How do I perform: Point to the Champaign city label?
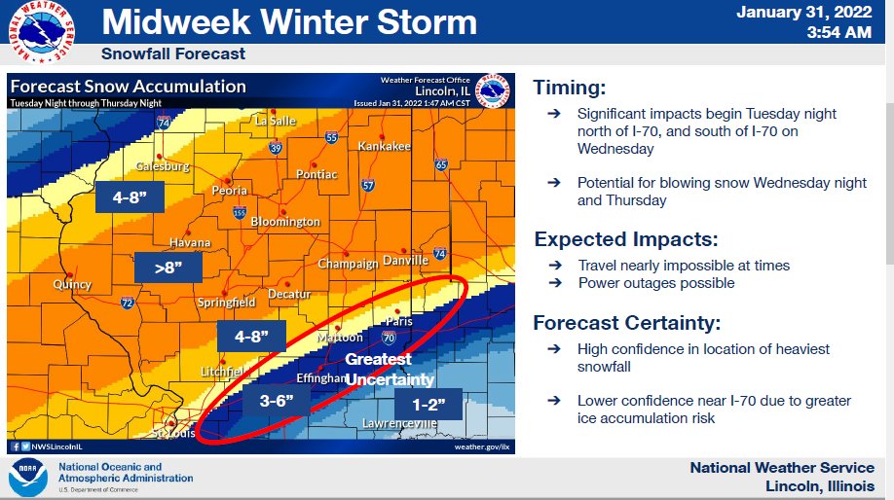(x=348, y=264)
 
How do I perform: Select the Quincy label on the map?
(x=73, y=285)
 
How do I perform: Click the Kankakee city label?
(x=385, y=146)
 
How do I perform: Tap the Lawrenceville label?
(x=398, y=424)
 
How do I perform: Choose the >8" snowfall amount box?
(x=168, y=268)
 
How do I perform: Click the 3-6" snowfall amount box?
(x=284, y=400)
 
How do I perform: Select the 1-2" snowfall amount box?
(x=428, y=404)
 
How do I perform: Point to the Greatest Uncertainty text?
(x=389, y=370)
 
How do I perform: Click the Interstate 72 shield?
(x=128, y=304)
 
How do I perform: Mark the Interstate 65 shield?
(x=441, y=165)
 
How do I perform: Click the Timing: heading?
(x=570, y=88)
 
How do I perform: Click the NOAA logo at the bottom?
(x=27, y=478)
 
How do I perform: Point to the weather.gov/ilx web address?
(x=484, y=446)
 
